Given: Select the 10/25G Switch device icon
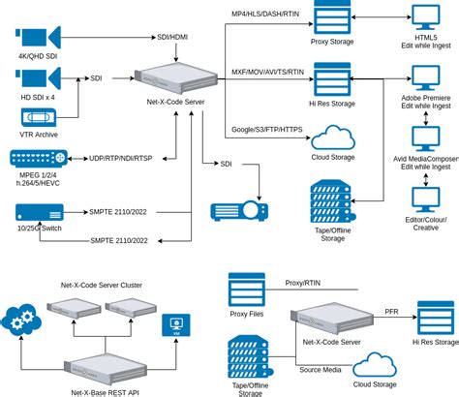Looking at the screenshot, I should [39, 210].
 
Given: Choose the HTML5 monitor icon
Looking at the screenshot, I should [425, 19].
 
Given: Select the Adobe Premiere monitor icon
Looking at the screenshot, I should [425, 78].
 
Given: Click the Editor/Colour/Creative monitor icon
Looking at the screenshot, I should [425, 200].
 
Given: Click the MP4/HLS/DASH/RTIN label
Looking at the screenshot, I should [266, 12].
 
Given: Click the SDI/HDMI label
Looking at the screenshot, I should [174, 37].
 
